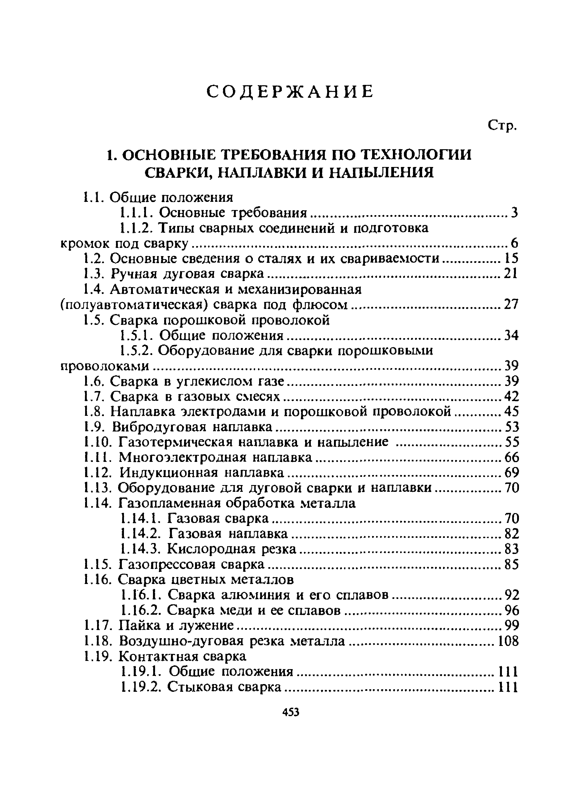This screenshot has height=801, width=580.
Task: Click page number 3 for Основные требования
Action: (514, 213)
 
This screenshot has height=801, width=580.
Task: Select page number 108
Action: (508, 641)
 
